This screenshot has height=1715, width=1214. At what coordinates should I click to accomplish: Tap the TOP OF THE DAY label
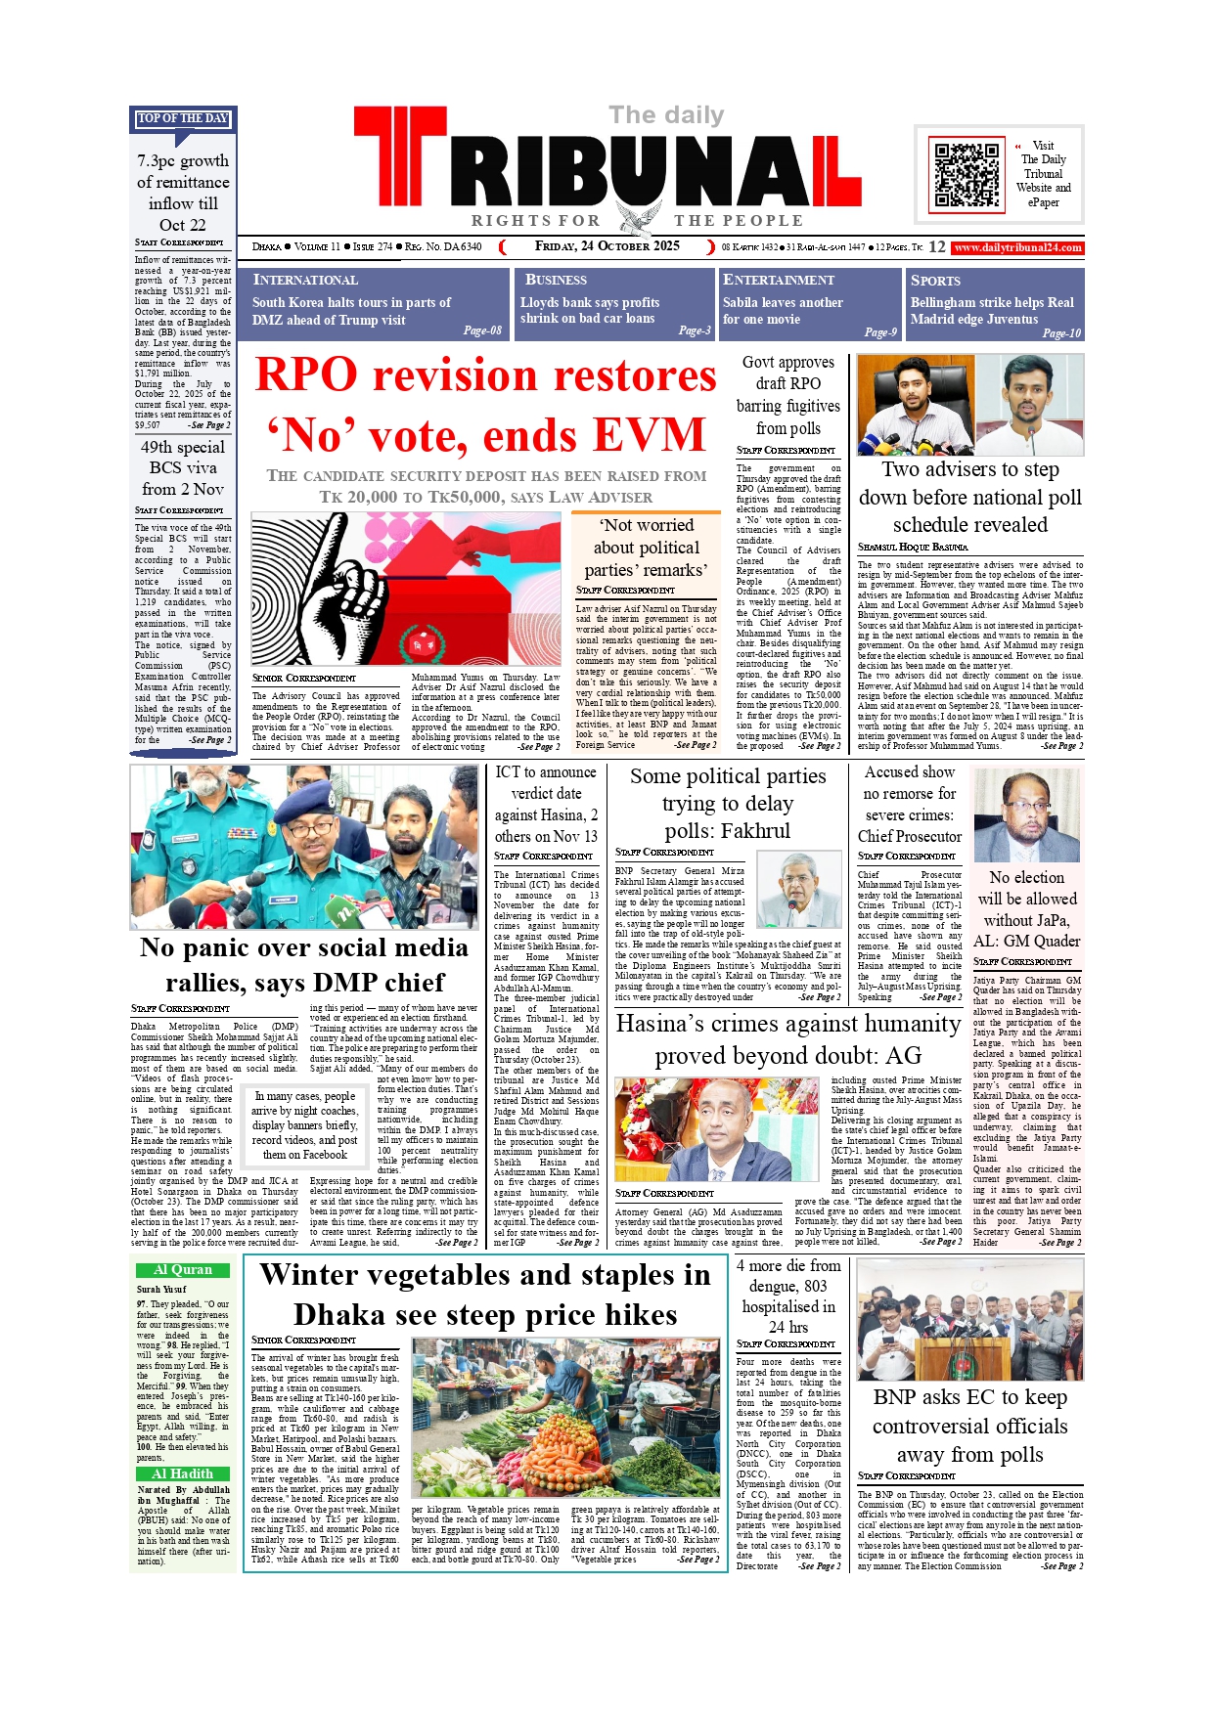(183, 118)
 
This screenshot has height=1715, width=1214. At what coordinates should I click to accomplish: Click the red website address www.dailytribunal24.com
(1017, 247)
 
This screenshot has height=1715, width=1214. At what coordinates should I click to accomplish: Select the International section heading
(305, 280)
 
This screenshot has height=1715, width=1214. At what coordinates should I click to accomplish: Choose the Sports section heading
(935, 280)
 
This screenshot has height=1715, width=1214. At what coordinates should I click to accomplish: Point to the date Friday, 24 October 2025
(607, 246)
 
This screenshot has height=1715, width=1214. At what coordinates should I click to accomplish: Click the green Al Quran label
(183, 1270)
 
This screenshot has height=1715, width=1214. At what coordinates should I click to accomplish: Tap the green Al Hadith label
(183, 1473)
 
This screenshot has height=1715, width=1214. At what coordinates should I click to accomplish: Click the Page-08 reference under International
(482, 330)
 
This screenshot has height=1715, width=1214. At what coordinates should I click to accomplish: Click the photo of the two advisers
(969, 405)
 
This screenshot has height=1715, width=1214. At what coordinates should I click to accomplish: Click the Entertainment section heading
(779, 280)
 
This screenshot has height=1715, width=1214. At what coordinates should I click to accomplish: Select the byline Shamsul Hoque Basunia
(913, 547)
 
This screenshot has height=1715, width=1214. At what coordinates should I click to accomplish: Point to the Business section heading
(556, 280)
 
